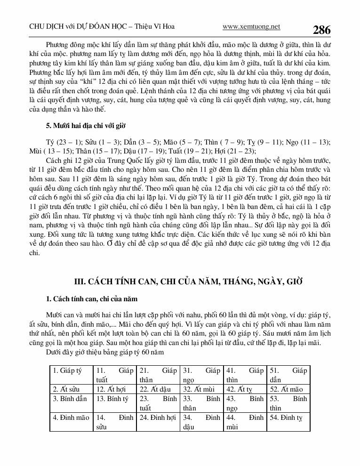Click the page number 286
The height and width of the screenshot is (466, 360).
(x=321, y=30)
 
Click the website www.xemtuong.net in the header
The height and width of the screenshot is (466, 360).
(x=251, y=27)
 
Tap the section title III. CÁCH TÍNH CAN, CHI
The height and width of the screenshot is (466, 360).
(x=190, y=281)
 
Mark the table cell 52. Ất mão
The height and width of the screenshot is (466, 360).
(x=286, y=389)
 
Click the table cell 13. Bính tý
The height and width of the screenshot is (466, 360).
(x=112, y=399)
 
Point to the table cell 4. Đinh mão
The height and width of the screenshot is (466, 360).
(x=71, y=417)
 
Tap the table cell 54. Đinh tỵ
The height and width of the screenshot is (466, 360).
(x=286, y=417)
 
